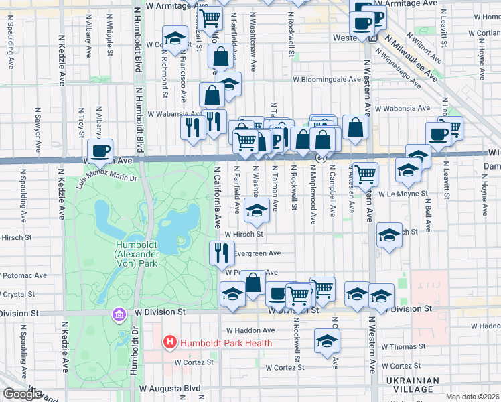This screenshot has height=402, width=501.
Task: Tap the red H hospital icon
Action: click(170, 343)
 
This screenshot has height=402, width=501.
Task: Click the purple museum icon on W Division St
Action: click(120, 314)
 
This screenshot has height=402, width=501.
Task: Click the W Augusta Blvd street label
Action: click(170, 388)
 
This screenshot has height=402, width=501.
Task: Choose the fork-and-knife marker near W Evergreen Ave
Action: click(222, 252)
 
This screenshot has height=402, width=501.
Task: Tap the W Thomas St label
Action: click(404, 346)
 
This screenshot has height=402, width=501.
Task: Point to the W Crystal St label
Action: click(18, 294)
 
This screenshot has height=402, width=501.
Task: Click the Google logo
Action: click(22, 394)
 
